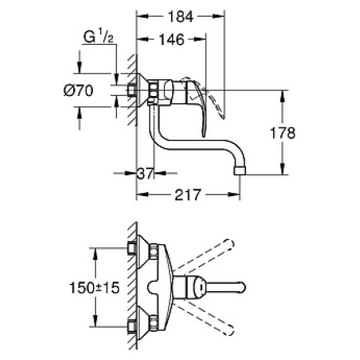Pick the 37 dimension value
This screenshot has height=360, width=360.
pos(145,174)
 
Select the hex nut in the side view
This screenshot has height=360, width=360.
pos(154,91)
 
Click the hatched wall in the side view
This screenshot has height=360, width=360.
pos(132,90)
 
